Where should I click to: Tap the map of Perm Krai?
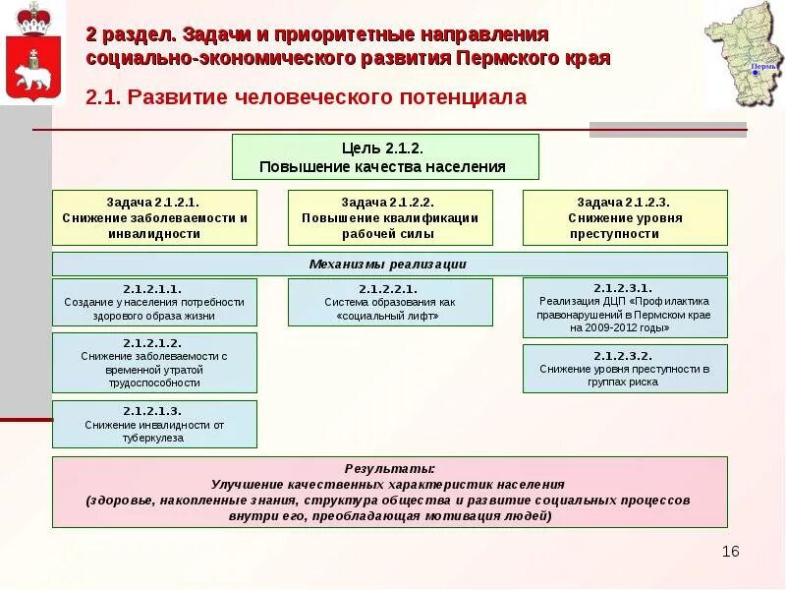744,55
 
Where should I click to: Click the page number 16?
730,551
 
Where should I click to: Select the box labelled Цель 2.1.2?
385,156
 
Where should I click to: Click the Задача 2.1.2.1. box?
154,217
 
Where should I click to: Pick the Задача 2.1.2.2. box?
389,217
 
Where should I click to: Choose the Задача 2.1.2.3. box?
625,217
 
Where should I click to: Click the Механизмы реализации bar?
389,264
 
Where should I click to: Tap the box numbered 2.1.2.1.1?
154,302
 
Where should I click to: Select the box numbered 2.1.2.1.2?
154,362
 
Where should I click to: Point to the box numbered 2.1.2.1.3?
154,424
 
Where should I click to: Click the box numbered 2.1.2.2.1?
389,302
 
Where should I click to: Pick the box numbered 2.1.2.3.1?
625,308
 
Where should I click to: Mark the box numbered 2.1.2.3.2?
625,368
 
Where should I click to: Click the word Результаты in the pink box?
389,469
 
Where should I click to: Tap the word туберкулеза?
154,439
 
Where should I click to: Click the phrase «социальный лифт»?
389,317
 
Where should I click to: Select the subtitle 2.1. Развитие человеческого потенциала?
308,97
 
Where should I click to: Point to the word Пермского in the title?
508,58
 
